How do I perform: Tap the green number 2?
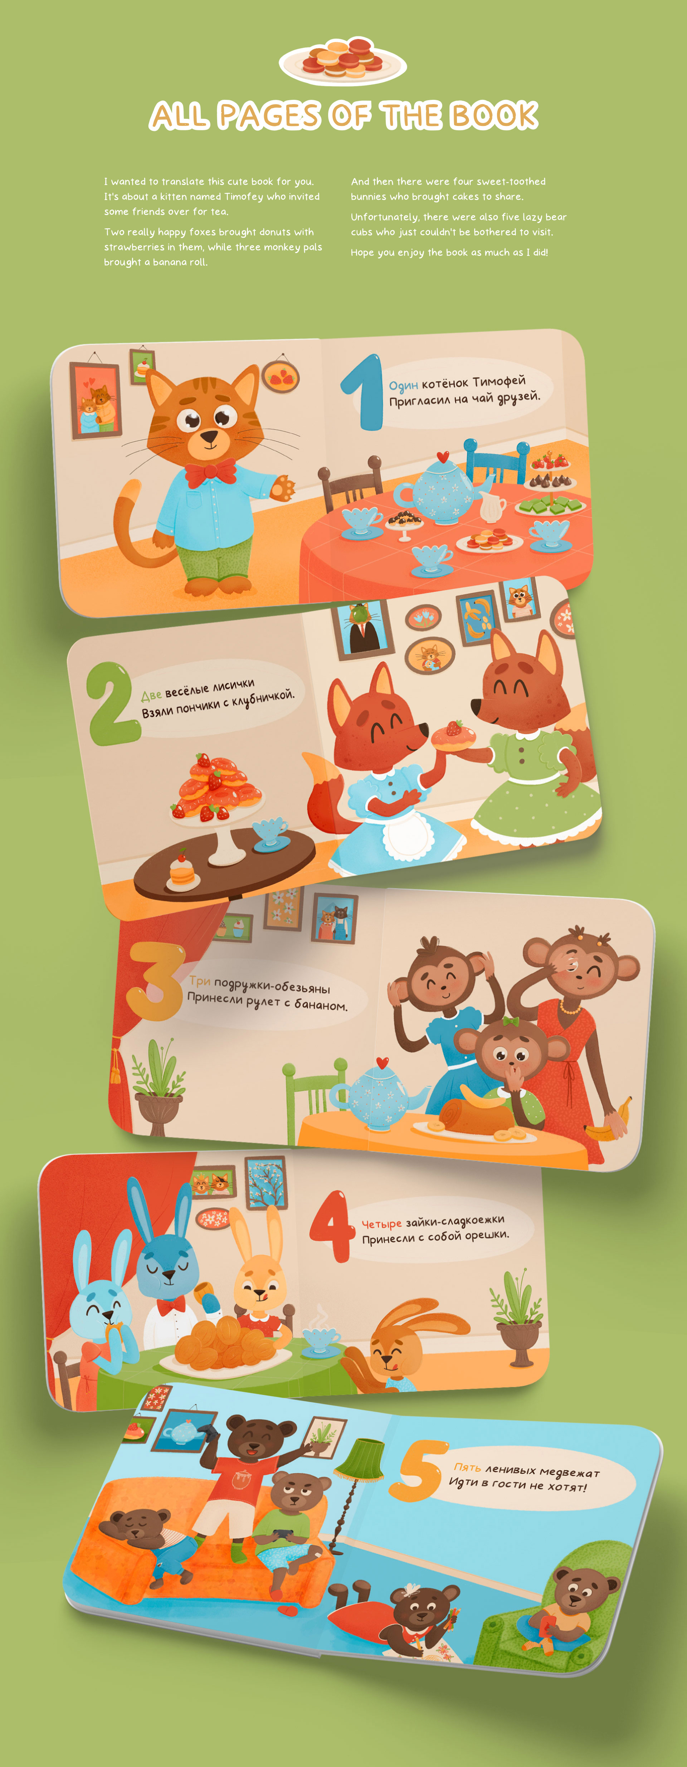click(110, 703)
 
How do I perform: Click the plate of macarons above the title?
click(343, 60)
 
